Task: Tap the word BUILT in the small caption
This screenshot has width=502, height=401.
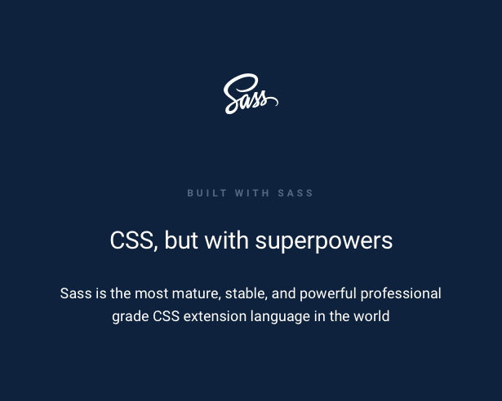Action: [207, 193]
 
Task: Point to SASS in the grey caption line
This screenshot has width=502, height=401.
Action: [295, 193]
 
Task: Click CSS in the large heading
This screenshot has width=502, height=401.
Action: [132, 240]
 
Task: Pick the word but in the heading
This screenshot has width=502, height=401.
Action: [181, 240]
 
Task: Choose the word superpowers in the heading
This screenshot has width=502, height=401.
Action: [324, 242]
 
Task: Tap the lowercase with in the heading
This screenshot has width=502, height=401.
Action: [226, 240]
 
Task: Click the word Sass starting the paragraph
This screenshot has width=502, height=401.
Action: [76, 293]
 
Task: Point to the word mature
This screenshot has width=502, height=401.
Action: [196, 294]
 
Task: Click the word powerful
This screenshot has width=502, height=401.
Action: [328, 294]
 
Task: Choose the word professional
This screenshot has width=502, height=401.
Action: [401, 294]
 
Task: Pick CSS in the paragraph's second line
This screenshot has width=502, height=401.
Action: [166, 316]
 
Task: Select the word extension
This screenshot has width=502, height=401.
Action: [215, 316]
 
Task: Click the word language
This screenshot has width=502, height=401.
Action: [280, 317]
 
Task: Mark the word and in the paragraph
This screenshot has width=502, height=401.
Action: [283, 293]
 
